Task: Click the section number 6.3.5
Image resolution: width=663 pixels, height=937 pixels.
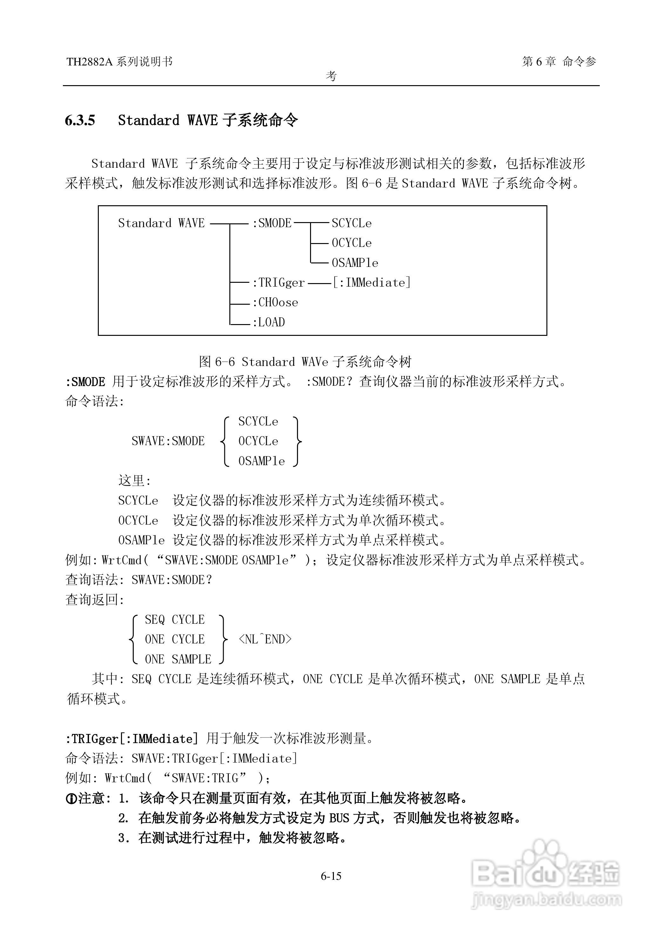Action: point(80,120)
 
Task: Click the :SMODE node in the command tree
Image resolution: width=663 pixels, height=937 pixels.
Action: point(272,223)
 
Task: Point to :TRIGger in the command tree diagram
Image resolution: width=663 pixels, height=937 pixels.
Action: point(279,282)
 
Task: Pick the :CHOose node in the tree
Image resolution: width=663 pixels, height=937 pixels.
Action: point(275,302)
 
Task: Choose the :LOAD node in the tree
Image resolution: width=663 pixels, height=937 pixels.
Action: point(269,323)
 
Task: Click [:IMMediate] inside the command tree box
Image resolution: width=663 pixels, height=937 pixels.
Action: point(371,282)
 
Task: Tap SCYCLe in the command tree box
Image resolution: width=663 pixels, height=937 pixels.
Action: point(351,223)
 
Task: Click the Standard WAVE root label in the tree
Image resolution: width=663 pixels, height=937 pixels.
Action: point(161,223)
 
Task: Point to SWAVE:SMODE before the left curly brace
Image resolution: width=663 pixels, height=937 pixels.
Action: point(168,441)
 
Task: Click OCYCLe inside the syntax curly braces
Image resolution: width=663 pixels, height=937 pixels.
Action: point(258,441)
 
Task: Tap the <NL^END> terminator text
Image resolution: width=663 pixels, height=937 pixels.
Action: point(265,639)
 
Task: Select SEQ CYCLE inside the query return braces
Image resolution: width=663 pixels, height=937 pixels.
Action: point(174,619)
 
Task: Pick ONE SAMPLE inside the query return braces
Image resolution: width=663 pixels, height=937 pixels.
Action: point(178,659)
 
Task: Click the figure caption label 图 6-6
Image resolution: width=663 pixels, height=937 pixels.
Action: point(217,362)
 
